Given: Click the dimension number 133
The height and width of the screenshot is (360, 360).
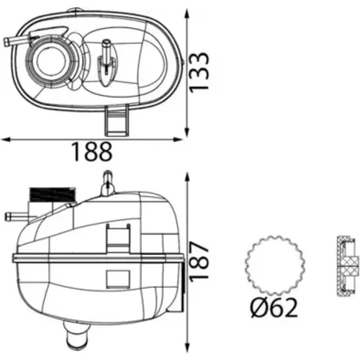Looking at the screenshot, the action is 199,73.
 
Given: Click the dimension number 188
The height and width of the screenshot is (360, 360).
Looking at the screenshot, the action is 92,152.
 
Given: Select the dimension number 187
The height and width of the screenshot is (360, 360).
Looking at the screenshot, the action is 199,261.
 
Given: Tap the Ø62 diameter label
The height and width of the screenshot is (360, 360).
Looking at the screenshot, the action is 274,308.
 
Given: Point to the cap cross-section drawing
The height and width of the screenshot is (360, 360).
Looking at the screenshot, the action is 346,266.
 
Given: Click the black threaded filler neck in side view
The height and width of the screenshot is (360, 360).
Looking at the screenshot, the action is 52,194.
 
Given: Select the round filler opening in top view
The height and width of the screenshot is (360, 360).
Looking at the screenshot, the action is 50,61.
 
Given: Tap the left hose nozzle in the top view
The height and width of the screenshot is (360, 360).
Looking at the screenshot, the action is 16,41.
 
